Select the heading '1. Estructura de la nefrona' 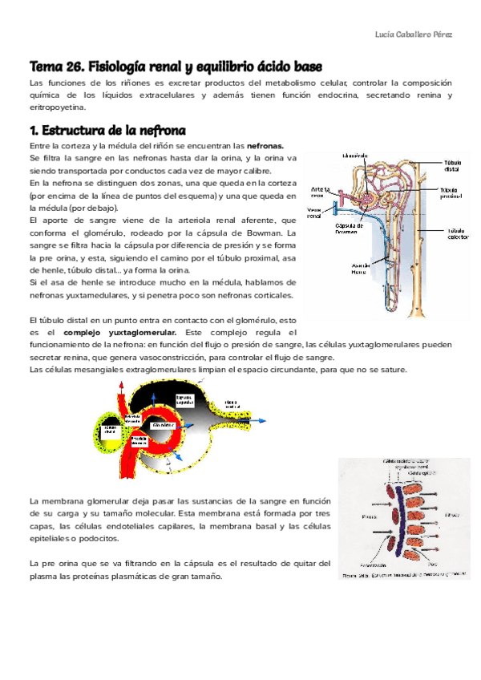(x=107, y=130)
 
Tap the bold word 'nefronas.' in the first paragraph (x=265, y=147)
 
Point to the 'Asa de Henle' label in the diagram (x=360, y=270)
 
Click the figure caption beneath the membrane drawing (x=402, y=574)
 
